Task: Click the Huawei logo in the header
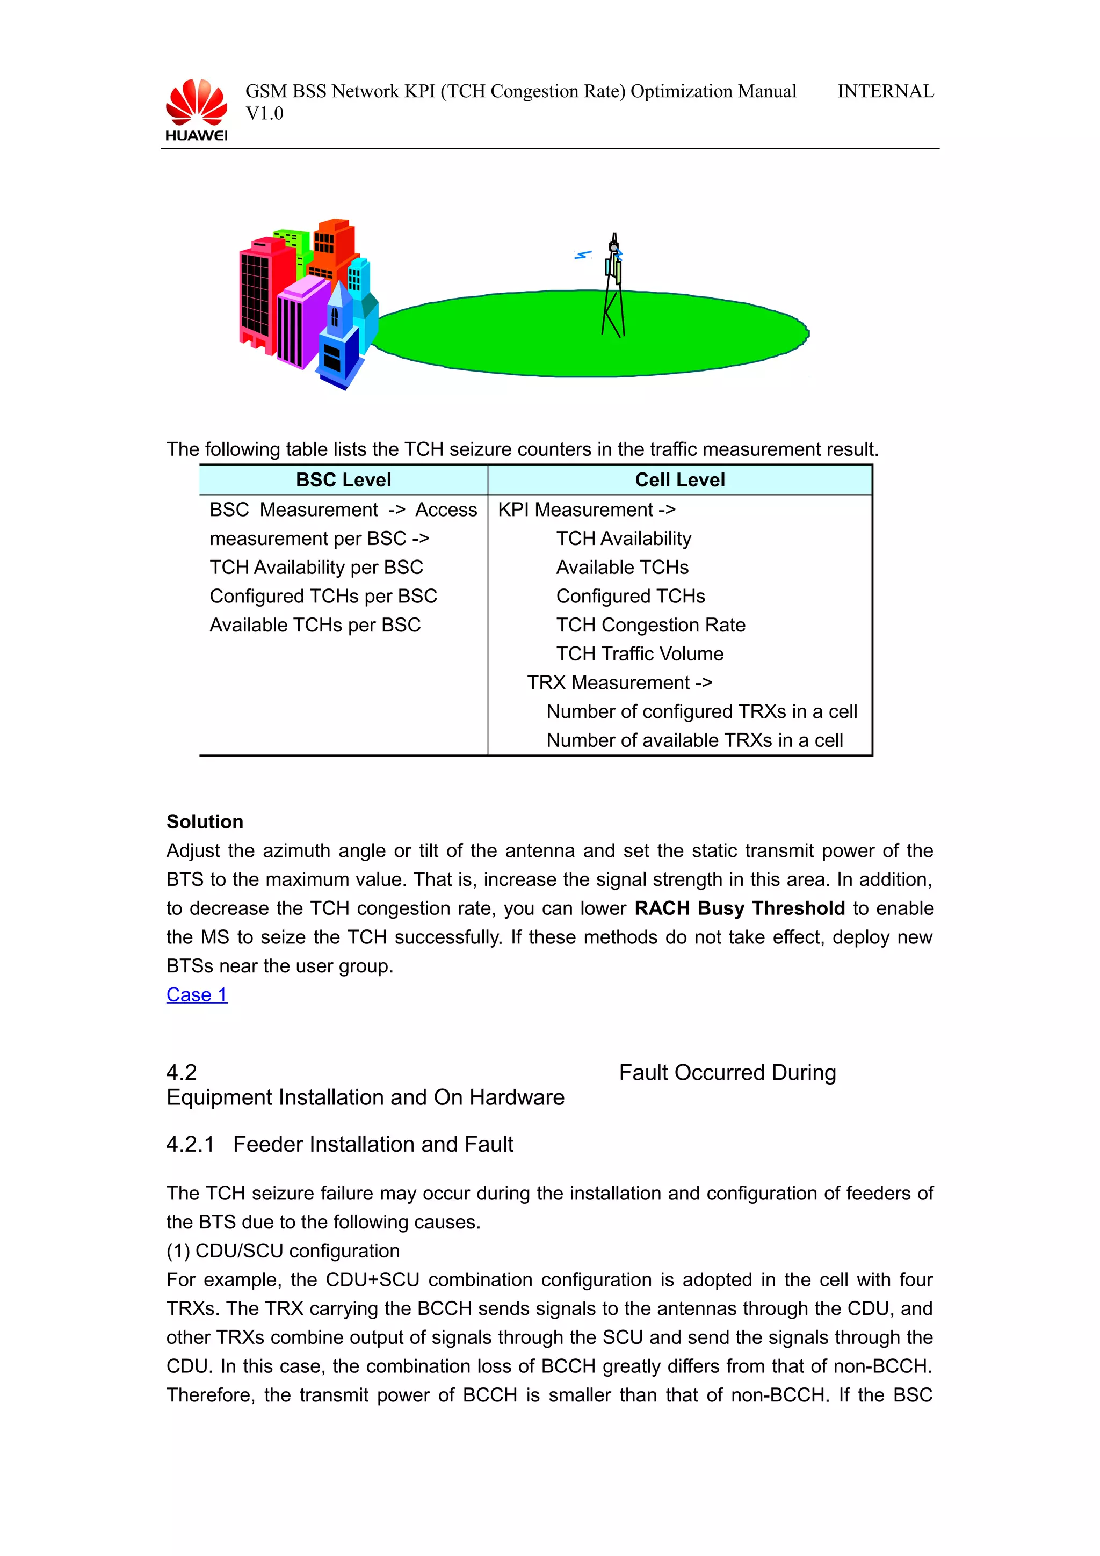coord(197,110)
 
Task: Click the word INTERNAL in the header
coord(885,91)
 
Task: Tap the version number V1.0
coord(264,114)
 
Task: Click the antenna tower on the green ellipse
coord(613,288)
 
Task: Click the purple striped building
coord(298,325)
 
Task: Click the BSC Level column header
coord(344,480)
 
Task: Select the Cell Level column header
coord(680,480)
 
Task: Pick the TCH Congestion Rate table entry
coord(650,625)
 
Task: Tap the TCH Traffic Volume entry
coord(640,654)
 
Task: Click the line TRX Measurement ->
coord(619,682)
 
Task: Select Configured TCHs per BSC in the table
coord(323,597)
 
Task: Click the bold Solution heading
coord(205,822)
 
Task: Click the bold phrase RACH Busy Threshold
coord(740,908)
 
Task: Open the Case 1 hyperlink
coord(197,995)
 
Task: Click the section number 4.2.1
coord(190,1145)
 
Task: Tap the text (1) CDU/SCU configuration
coord(283,1251)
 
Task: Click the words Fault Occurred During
coord(727,1073)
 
